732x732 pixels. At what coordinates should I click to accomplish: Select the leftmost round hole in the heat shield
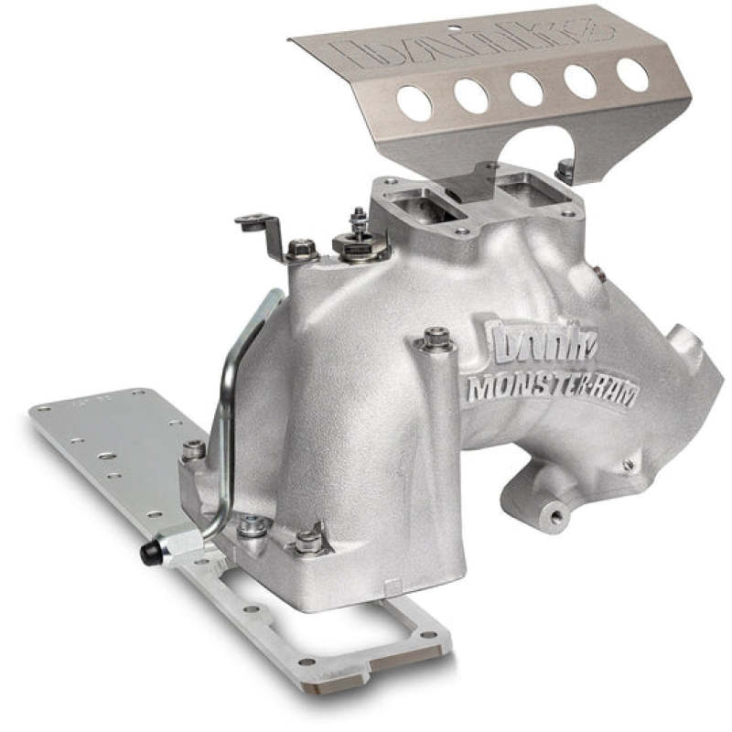tap(414, 103)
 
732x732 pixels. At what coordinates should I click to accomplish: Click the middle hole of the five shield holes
tap(526, 88)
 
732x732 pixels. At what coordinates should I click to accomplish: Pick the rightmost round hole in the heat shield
tap(632, 74)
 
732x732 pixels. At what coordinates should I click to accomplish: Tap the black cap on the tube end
tap(147, 553)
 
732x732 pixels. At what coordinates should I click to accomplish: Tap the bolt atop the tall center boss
tap(436, 339)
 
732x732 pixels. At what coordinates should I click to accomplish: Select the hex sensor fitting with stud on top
tap(358, 240)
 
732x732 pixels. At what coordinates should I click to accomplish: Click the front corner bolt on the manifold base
tap(308, 542)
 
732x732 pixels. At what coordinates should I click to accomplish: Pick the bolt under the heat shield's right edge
tap(565, 169)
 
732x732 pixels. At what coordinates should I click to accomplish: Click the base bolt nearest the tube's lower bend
tap(252, 526)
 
